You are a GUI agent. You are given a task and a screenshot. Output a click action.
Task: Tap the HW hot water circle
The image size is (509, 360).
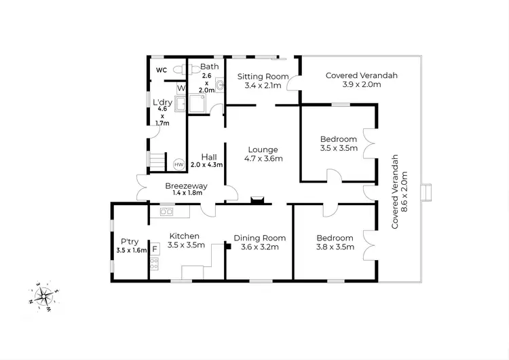pyautogui.click(x=179, y=165)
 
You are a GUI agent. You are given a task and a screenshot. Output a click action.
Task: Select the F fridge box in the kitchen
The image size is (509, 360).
pyautogui.click(x=155, y=249)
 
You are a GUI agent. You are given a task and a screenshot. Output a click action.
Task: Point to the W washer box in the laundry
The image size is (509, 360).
pyautogui.click(x=181, y=88)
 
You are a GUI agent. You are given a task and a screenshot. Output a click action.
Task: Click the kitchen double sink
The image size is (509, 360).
pyautogui.click(x=166, y=212)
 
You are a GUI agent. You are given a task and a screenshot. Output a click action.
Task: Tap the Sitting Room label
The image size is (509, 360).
pyautogui.click(x=263, y=76)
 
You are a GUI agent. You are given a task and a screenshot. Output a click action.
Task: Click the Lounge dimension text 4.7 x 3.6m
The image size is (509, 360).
pyautogui.click(x=263, y=159)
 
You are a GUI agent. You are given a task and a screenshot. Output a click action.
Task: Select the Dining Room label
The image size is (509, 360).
pyautogui.click(x=260, y=238)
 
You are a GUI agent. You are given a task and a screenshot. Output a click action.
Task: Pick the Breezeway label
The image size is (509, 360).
pyautogui.click(x=186, y=186)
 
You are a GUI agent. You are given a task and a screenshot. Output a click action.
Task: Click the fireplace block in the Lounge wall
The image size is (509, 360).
pyautogui.click(x=257, y=200)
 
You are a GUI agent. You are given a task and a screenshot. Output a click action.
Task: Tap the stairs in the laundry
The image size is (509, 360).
pyautogui.click(x=157, y=162)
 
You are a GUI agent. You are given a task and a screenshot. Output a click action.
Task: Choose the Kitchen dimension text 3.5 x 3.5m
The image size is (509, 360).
pyautogui.click(x=186, y=245)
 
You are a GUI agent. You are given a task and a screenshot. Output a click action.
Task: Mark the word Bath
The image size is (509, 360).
pyautogui.click(x=210, y=67)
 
